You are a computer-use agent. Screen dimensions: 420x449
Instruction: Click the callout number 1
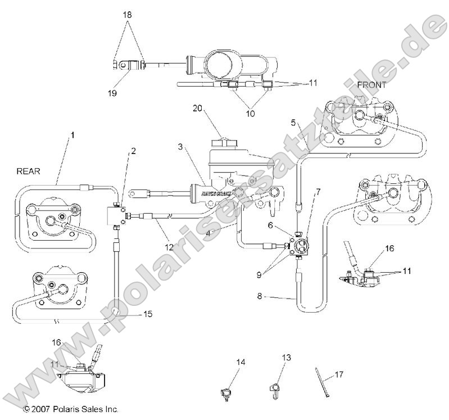72,135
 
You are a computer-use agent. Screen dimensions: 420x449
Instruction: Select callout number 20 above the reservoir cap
197,107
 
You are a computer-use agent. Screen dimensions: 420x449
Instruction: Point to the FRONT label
371,85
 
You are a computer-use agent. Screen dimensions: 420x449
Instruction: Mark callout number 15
147,314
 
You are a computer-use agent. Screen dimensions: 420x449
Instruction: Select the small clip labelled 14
225,393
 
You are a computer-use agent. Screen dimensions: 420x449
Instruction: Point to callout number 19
112,93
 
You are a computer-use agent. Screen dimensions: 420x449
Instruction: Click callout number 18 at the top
128,15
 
